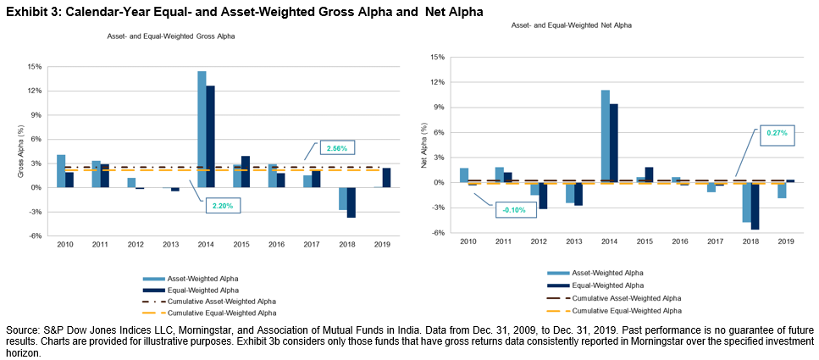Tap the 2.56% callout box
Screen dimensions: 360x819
click(335, 148)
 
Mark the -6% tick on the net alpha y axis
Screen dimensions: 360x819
click(438, 233)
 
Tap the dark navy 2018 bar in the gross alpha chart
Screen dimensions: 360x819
click(351, 202)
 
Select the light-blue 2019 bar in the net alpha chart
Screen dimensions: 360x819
click(782, 190)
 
